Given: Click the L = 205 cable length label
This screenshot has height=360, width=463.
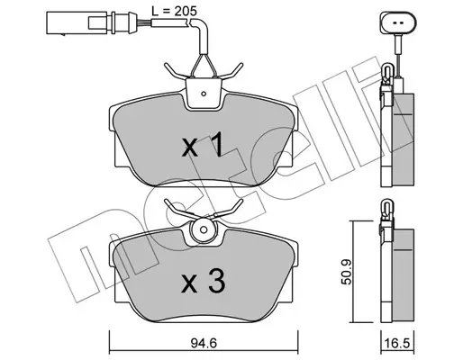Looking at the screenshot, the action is [174, 12].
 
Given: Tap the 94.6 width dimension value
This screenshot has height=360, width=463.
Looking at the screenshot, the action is [204, 343].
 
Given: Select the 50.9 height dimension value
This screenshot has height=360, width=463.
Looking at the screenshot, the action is [347, 272].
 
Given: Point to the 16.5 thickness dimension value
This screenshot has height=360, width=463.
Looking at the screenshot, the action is [397, 343].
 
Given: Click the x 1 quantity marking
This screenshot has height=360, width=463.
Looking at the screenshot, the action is [203, 145].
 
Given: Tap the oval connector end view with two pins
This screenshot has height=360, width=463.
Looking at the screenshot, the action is [398, 22].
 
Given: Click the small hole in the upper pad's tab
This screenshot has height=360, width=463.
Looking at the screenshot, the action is [204, 94].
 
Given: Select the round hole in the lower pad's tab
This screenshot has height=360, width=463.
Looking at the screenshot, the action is [204, 230].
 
